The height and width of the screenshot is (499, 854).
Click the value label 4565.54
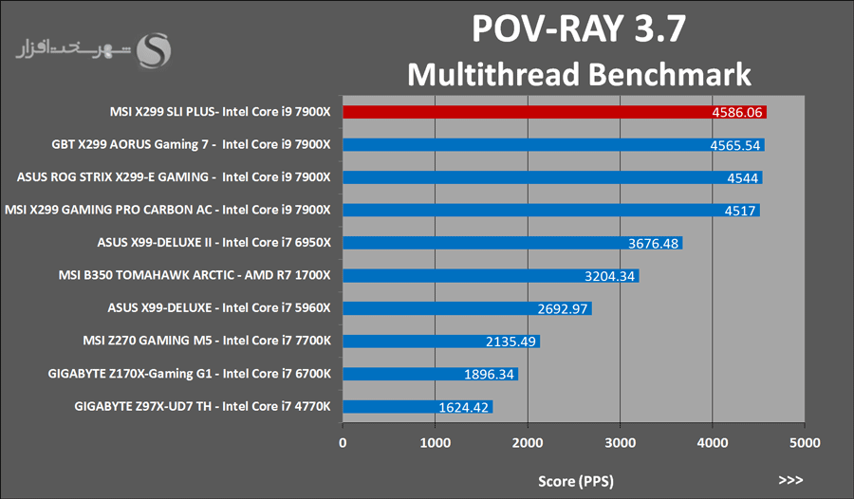coord(736,145)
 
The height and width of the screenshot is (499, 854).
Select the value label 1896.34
coord(490,374)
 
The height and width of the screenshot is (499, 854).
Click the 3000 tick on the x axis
coord(620,441)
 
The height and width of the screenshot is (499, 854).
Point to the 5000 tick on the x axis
coord(805,441)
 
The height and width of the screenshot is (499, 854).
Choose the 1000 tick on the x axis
coord(435,441)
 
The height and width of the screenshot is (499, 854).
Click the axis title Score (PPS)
coord(574,481)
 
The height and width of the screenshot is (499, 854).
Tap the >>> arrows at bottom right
coord(791,480)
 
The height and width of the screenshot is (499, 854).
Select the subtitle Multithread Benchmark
coord(579,74)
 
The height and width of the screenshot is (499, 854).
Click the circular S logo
coord(154,51)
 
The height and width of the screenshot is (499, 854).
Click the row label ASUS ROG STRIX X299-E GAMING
coord(174,177)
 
